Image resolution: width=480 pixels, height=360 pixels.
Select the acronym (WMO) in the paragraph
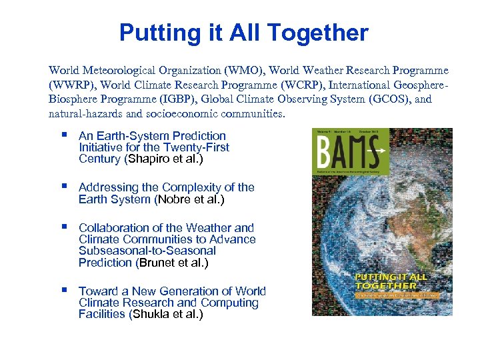237,70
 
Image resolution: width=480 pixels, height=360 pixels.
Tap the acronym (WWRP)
71,85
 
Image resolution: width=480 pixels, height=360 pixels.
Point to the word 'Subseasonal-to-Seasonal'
147,251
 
